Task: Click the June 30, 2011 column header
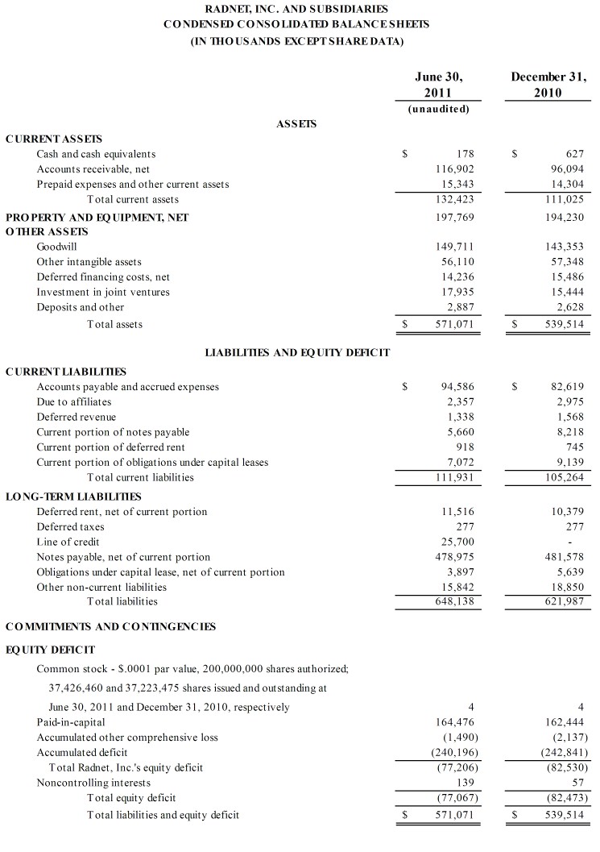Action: click(439, 85)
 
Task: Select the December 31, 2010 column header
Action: click(548, 85)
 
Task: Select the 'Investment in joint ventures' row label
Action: click(103, 293)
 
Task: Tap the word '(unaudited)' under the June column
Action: click(439, 109)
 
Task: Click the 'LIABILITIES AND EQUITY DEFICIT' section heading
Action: click(297, 352)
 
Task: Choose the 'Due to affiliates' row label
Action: click(74, 401)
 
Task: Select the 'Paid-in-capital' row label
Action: click(71, 722)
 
